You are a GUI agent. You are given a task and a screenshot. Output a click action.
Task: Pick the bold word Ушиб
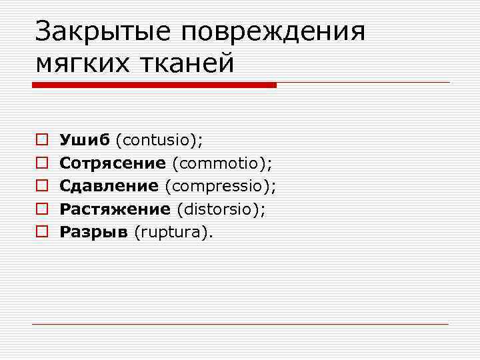tap(85, 140)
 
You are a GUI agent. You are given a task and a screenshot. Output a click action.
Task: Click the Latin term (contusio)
tap(159, 140)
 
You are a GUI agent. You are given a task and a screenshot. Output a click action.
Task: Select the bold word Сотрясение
tap(113, 163)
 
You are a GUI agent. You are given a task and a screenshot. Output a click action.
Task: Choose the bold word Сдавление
tap(109, 186)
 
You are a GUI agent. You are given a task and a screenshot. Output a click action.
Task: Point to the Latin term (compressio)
tap(220, 186)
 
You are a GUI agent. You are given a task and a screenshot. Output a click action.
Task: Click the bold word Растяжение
tap(115, 209)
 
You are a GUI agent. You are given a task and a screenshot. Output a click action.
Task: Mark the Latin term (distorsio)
tap(221, 209)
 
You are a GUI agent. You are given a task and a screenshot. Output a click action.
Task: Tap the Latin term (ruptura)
tap(174, 232)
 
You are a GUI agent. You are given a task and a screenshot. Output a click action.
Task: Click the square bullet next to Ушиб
tap(41, 140)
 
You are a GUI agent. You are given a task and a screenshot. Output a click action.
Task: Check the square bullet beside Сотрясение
tap(41, 163)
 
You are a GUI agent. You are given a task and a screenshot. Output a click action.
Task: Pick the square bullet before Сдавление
tap(41, 186)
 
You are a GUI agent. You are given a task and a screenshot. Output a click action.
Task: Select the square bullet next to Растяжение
tap(41, 209)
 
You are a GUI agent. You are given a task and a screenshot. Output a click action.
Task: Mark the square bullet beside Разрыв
tap(41, 232)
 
